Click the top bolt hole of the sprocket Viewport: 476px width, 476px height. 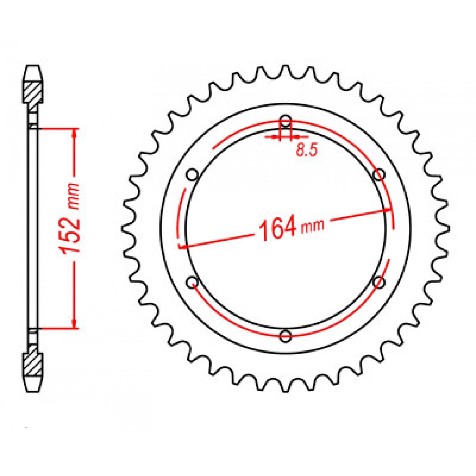click(286, 121)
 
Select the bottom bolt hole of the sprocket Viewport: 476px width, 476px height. click(286, 336)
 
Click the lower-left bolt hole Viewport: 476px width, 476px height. click(192, 281)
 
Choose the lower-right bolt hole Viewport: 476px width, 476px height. click(379, 281)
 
